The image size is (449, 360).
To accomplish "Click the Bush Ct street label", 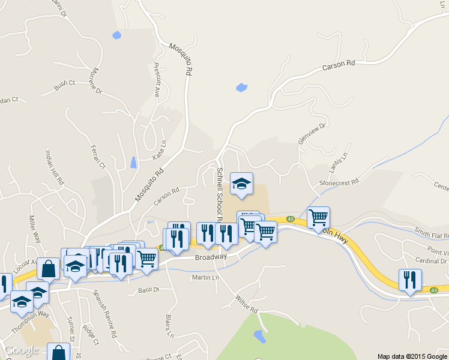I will pyautogui.click(x=64, y=85).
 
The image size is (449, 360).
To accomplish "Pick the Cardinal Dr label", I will pyautogui.click(x=431, y=261).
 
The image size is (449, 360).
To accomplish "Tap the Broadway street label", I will pyautogui.click(x=211, y=257).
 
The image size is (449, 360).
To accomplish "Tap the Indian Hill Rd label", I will pyautogui.click(x=53, y=167).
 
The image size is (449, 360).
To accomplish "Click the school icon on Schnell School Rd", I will pyautogui.click(x=242, y=184).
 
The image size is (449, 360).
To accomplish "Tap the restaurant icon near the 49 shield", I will pyautogui.click(x=410, y=279).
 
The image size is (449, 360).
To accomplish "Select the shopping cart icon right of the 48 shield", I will pyautogui.click(x=318, y=217).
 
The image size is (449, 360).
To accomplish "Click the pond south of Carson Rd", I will pyautogui.click(x=242, y=88).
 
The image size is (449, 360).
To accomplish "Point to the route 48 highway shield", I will pyautogui.click(x=290, y=218).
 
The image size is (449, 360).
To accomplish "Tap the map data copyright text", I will pyautogui.click(x=412, y=356).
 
